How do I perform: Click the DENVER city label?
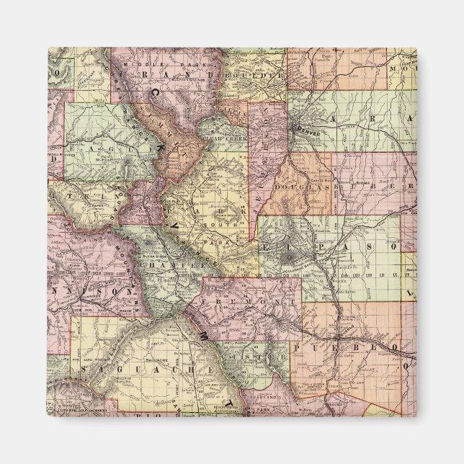pos(308,133)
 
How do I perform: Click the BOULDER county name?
pos(250,75)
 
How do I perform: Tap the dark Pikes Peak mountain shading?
pos(288,256)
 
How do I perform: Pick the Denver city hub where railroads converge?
pos(298,127)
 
